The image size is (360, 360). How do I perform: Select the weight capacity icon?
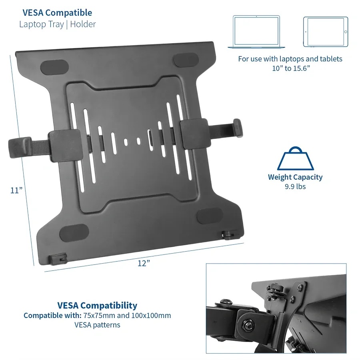[x=295, y=158]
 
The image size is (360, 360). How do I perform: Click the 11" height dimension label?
[x=16, y=190]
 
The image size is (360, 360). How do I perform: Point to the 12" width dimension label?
[x=144, y=263]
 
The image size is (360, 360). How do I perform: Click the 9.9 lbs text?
[x=295, y=186]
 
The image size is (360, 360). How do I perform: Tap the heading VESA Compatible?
[x=57, y=13]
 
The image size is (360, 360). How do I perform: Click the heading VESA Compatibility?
[x=97, y=305]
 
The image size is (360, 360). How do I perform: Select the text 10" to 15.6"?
[x=291, y=68]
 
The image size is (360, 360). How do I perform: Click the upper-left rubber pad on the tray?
[x=54, y=67]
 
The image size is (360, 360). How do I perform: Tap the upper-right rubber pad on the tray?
[x=186, y=59]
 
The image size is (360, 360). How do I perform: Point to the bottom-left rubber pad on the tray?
[x=74, y=233]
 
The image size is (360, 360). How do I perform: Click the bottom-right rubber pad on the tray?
[x=210, y=216]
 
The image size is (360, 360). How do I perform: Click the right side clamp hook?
[x=237, y=128]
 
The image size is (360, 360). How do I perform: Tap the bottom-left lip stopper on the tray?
[x=58, y=259]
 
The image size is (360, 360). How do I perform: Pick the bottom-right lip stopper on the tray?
[x=229, y=235]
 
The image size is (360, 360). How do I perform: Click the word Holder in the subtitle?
[x=83, y=24]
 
